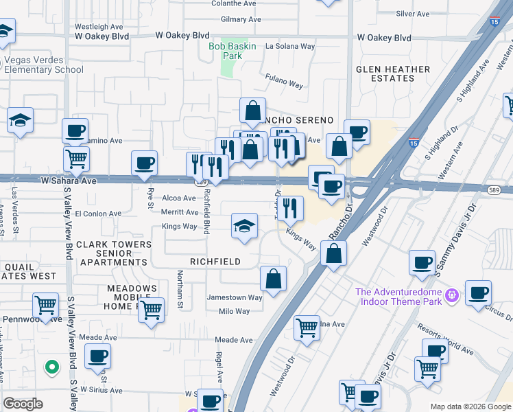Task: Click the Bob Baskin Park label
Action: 232,51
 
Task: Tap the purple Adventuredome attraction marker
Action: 451,296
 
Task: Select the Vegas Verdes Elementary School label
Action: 44,65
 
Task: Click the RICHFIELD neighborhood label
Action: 215,262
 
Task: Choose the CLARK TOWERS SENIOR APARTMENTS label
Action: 113,253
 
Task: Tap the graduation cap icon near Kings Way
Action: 244,227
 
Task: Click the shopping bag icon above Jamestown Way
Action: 273,279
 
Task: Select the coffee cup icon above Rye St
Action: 145,163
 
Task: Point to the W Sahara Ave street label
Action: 68,181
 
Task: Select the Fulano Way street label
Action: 285,84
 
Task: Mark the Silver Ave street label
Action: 413,14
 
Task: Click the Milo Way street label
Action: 234,311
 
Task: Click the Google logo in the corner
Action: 23,404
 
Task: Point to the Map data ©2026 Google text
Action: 470,407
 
